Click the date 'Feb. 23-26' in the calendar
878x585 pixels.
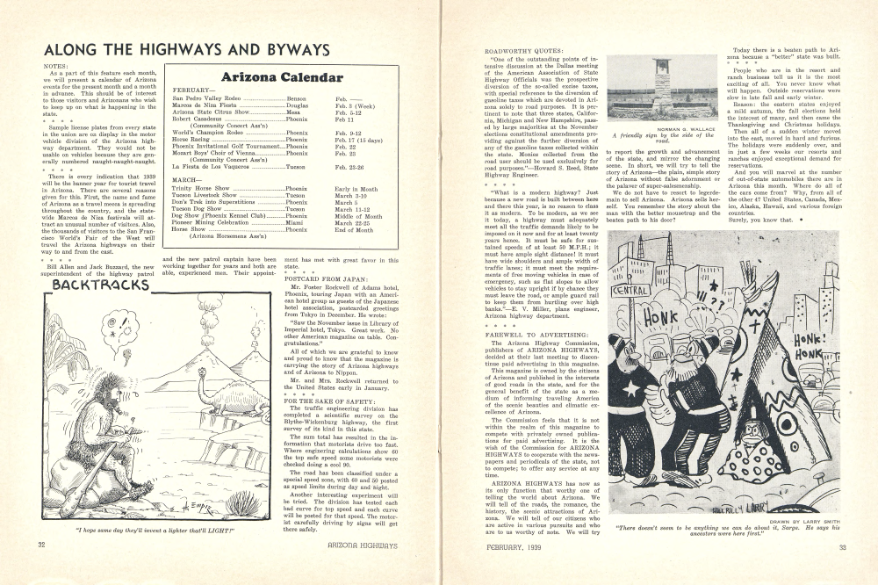click(x=350, y=165)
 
